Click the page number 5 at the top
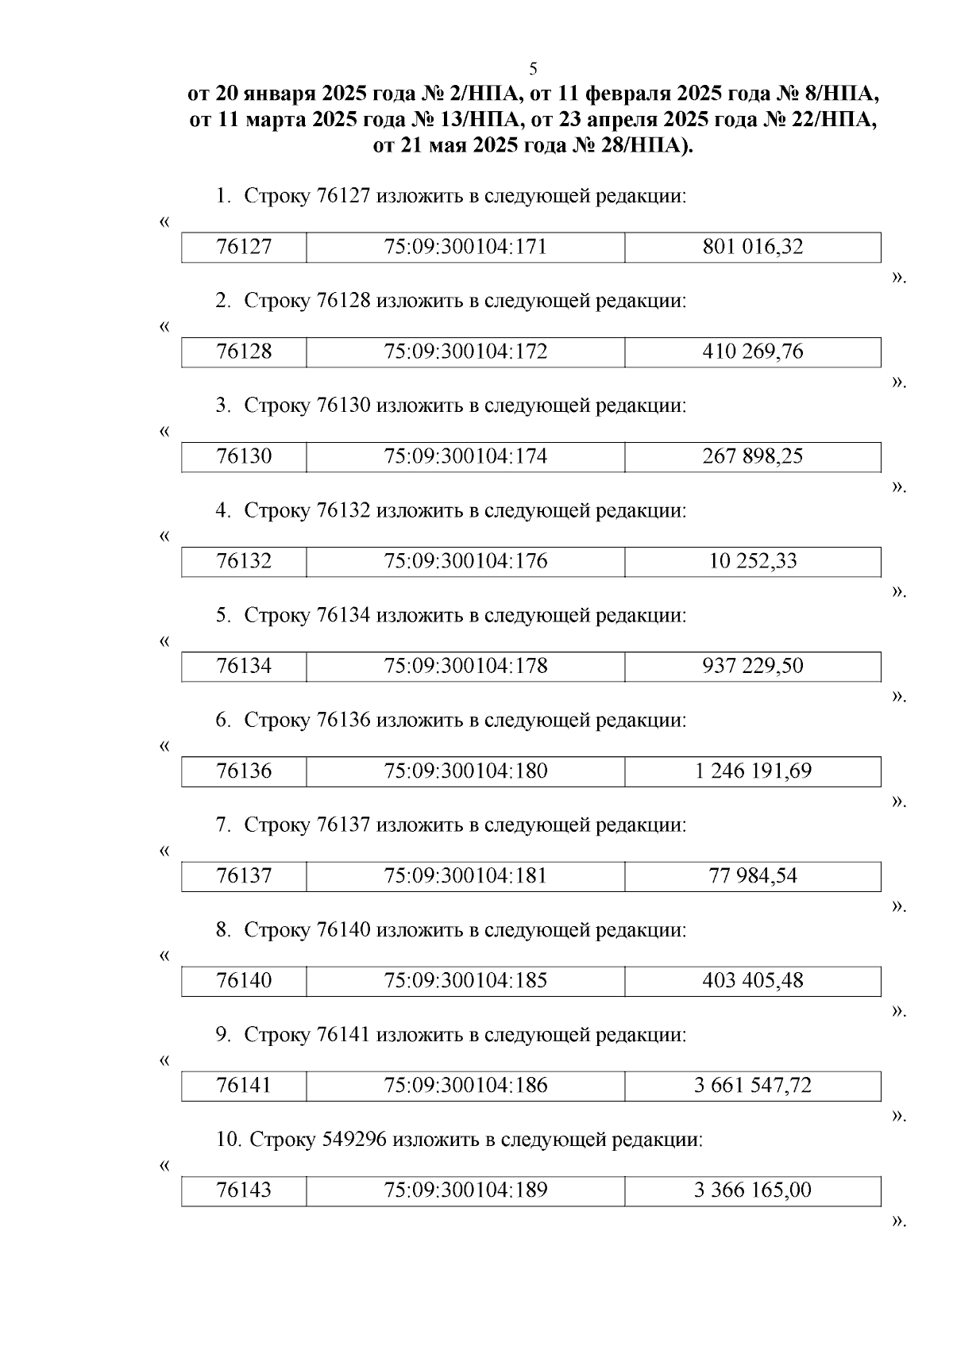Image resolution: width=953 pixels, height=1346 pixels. [x=533, y=68]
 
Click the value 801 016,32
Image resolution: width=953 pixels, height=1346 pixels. [x=752, y=247]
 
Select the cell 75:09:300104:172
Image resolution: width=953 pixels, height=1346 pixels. [x=465, y=352]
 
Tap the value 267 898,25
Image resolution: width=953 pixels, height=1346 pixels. [x=752, y=456]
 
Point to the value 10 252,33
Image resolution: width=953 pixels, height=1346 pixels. [x=752, y=561]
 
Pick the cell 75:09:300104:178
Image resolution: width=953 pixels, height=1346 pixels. [x=465, y=666]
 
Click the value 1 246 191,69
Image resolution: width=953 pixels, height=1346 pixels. [x=752, y=771]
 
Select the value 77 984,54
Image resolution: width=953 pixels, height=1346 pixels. [x=752, y=875]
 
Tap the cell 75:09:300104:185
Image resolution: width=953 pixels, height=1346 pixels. [x=465, y=980]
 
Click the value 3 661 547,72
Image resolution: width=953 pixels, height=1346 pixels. [x=752, y=1085]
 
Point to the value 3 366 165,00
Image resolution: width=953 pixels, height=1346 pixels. [x=752, y=1190]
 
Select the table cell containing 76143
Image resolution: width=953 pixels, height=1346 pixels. [x=244, y=1190]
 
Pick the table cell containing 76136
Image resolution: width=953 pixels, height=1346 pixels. [x=244, y=771]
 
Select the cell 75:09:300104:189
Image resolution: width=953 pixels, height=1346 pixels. [x=465, y=1190]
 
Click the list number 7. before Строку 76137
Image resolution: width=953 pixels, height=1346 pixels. [x=223, y=825]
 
